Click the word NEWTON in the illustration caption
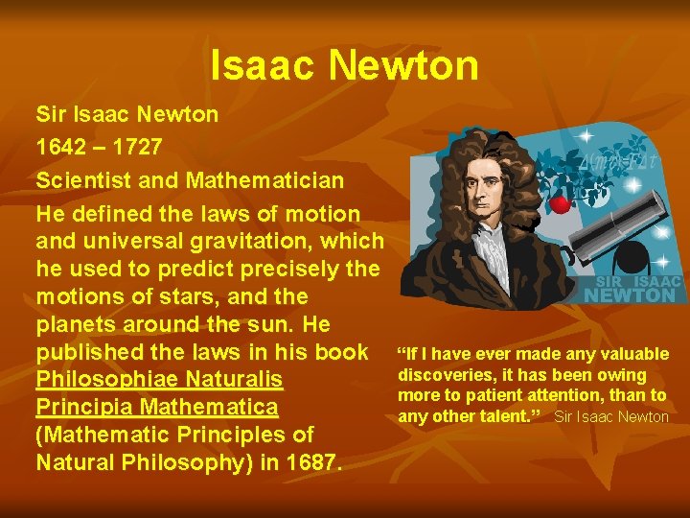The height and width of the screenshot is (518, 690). (x=630, y=295)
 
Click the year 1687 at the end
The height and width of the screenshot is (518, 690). (x=310, y=462)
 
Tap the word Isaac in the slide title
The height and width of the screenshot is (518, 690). (x=264, y=65)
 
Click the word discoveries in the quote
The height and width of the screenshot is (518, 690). (x=442, y=375)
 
